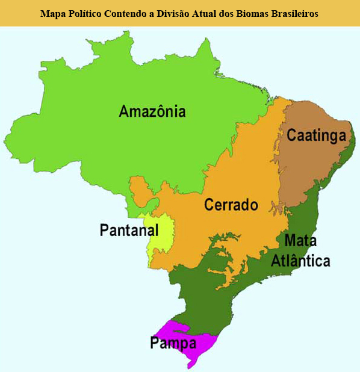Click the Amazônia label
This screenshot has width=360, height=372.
pyautogui.click(x=152, y=111)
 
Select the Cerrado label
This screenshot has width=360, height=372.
pyautogui.click(x=231, y=205)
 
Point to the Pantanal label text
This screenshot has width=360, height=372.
pyautogui.click(x=129, y=230)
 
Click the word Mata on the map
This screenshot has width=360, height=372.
pyautogui.click(x=300, y=241)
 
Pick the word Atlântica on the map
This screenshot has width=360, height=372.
pyautogui.click(x=300, y=261)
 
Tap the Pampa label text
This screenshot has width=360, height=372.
pyautogui.click(x=173, y=344)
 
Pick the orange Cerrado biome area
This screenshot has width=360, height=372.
pyautogui.click(x=241, y=175)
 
